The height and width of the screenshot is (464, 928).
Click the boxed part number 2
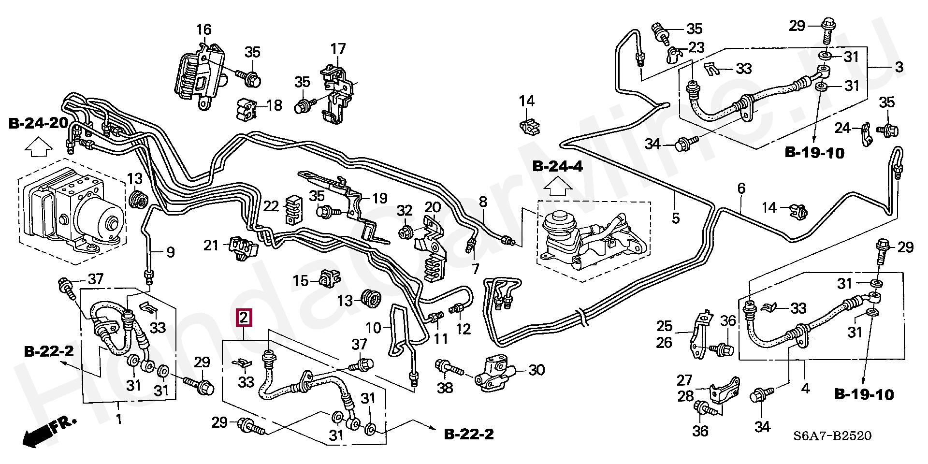pyautogui.click(x=244, y=318)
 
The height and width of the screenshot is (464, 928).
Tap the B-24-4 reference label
pyautogui.click(x=558, y=167)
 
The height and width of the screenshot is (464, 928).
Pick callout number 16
pyautogui.click(x=204, y=30)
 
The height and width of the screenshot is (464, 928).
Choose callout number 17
pyautogui.click(x=338, y=49)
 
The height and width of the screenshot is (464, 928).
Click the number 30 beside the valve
pyautogui.click(x=536, y=370)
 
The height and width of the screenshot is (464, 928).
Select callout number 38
pyautogui.click(x=445, y=387)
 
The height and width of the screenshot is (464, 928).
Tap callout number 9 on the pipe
pyautogui.click(x=170, y=252)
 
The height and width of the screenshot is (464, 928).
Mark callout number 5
pyautogui.click(x=675, y=218)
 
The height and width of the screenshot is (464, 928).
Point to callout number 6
pyautogui.click(x=741, y=188)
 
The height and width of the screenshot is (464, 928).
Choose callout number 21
pyautogui.click(x=211, y=246)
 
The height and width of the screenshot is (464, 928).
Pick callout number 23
pyautogui.click(x=696, y=48)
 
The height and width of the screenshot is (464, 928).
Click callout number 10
pyautogui.click(x=374, y=328)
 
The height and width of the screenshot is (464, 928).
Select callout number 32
pyautogui.click(x=405, y=211)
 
